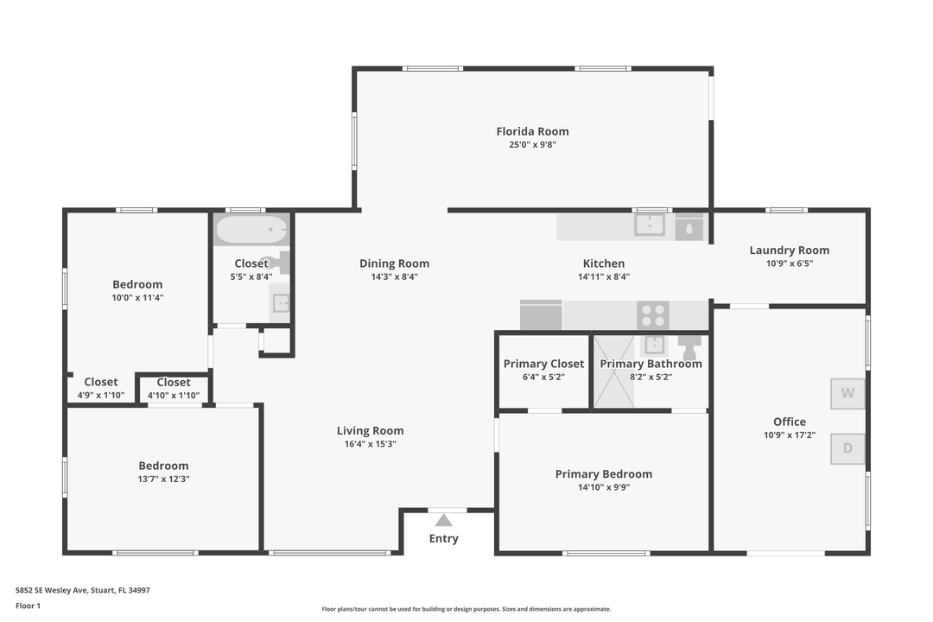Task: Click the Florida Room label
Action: [x=532, y=131]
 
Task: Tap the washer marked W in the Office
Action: [x=847, y=393]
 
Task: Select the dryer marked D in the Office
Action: [x=847, y=448]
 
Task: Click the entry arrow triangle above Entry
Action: [x=444, y=520]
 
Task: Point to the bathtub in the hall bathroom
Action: [x=251, y=231]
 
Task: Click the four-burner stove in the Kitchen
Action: [x=652, y=314]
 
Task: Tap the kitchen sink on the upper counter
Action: [x=650, y=225]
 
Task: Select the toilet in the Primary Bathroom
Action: [x=689, y=348]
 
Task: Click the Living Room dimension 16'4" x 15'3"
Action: [x=370, y=444]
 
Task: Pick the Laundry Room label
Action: [x=789, y=251]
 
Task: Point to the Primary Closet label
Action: [x=543, y=364]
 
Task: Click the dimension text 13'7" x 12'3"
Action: [x=163, y=479]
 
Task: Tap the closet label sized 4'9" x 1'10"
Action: [x=101, y=382]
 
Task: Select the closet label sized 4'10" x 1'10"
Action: [x=174, y=382]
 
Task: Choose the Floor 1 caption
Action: [x=28, y=606]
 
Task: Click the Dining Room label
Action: [x=394, y=263]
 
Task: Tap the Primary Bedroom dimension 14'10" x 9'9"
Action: [x=603, y=487]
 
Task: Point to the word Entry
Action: [x=444, y=539]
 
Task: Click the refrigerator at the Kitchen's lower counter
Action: [x=541, y=315]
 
